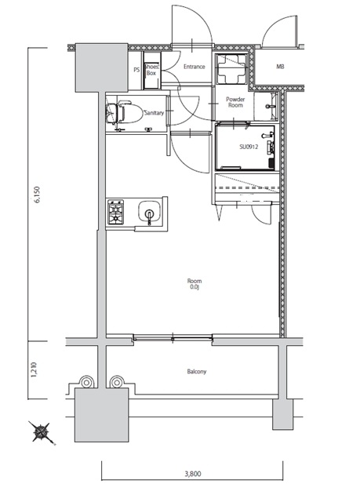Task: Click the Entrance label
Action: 195,67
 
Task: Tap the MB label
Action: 280,67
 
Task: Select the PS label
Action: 136,70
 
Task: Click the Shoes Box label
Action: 151,70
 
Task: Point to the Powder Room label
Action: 235,102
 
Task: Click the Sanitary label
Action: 154,113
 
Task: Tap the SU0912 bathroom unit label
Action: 249,147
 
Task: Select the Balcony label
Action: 197,371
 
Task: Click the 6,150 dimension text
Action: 38,195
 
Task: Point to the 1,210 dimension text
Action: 35,369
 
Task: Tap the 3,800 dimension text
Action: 193,474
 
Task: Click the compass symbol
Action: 40,432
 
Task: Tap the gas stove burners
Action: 115,212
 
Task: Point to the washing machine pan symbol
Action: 231,68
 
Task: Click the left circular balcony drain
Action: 86,382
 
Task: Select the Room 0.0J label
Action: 195,284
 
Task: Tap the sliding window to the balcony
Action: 173,338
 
